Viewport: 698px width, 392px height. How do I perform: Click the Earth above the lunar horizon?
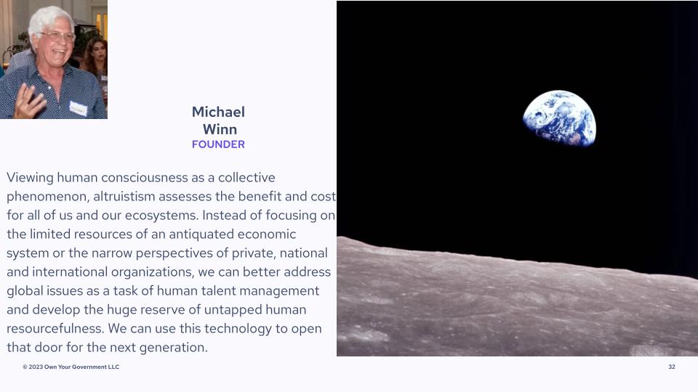(x=560, y=118)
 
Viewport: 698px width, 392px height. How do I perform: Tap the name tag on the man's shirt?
(x=78, y=108)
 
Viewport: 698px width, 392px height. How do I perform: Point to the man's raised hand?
(x=29, y=102)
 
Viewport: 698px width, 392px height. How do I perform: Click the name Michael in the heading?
(x=218, y=112)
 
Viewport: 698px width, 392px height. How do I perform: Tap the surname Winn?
(x=220, y=129)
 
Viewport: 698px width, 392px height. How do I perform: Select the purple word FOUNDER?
(x=218, y=144)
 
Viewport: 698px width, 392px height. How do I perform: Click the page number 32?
(x=672, y=367)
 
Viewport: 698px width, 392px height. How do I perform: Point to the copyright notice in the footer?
(x=71, y=367)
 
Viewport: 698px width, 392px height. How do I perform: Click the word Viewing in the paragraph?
(x=30, y=177)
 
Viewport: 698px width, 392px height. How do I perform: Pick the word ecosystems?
(x=161, y=215)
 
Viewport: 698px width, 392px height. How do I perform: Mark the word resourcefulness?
(x=55, y=328)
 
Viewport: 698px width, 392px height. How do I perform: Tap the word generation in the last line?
(x=174, y=348)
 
